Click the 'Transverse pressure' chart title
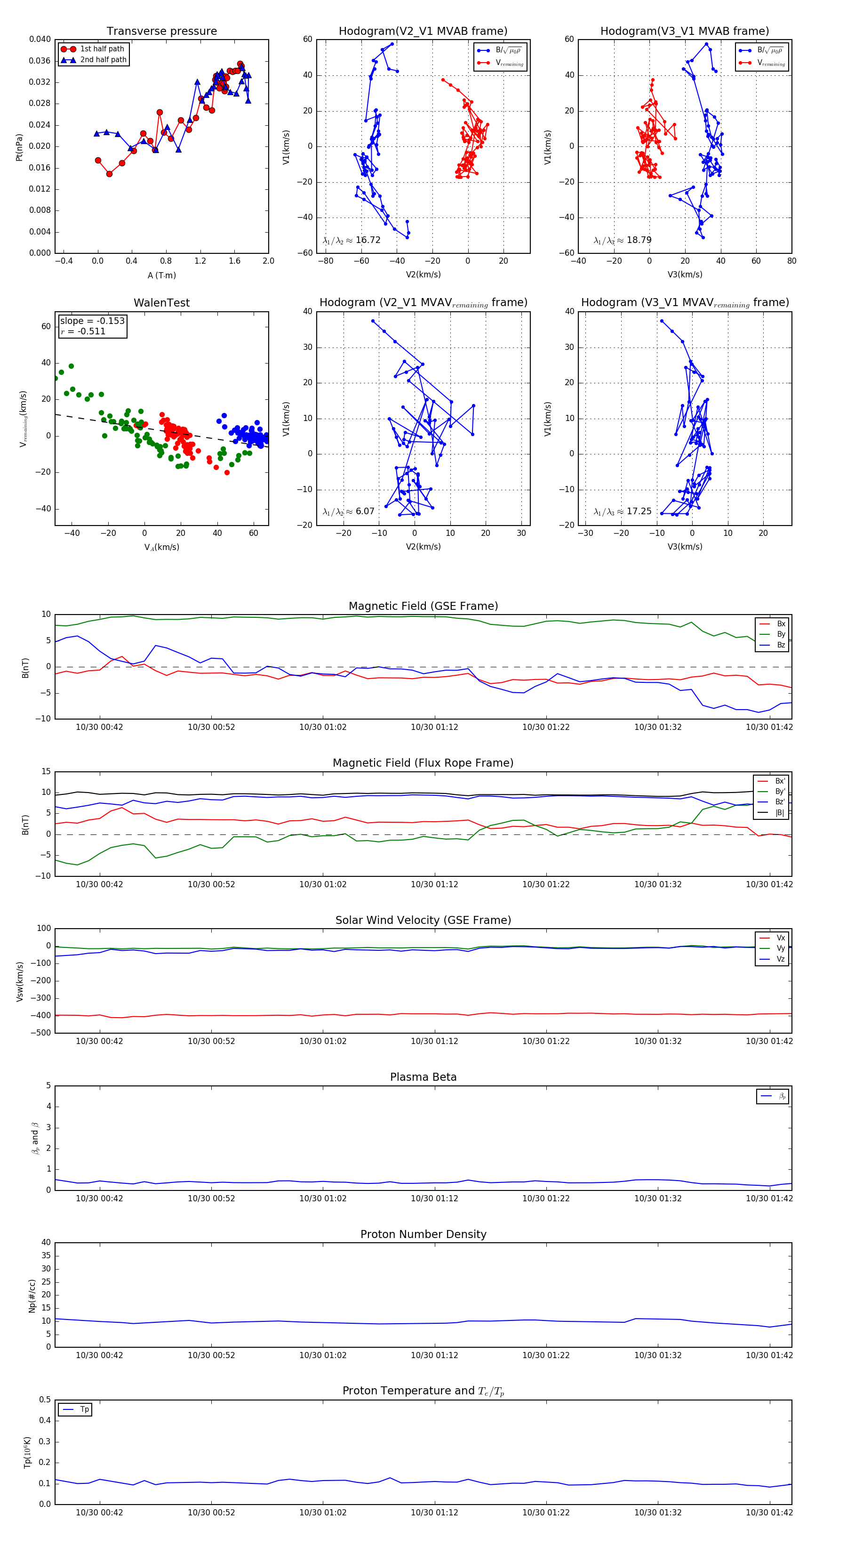click(x=161, y=32)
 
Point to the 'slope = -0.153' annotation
click(x=92, y=321)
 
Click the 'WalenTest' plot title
click(x=161, y=303)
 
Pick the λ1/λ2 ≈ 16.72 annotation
click(x=352, y=240)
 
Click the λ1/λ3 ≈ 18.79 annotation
click(x=622, y=240)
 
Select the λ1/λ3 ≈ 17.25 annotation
click(x=622, y=511)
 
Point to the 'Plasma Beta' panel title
click(x=423, y=1077)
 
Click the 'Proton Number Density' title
click(x=423, y=1234)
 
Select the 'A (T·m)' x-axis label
click(x=161, y=275)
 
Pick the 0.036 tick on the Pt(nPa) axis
click(x=40, y=61)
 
